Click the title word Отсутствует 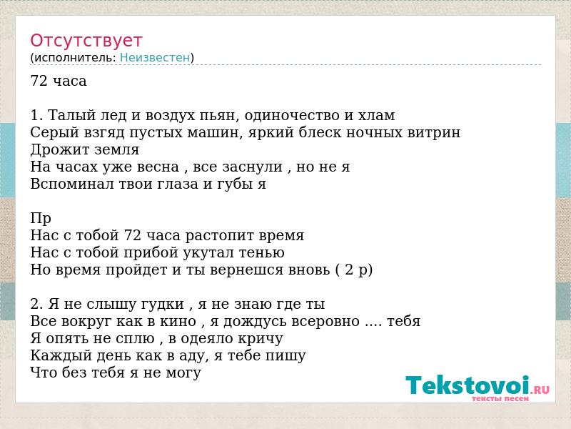(x=86, y=41)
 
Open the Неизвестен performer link (x=155, y=58)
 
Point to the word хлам (x=377, y=116)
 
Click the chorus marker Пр (x=41, y=219)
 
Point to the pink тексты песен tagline (x=500, y=398)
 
